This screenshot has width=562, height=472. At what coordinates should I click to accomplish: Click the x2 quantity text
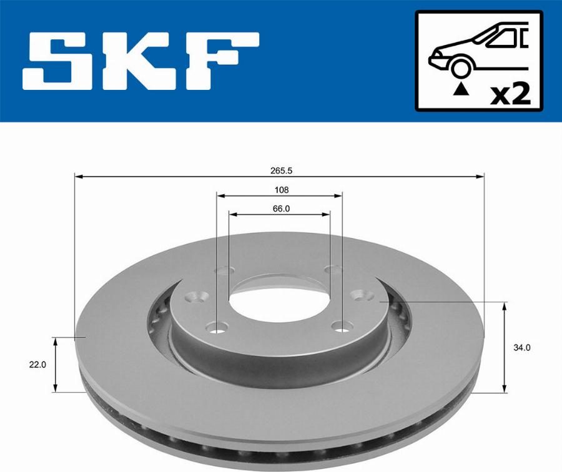[510, 94]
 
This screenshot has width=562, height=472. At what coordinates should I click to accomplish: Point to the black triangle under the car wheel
[460, 89]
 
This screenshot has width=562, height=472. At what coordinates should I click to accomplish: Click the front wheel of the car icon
[460, 67]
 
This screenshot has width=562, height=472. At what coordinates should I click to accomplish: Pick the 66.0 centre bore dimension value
[280, 209]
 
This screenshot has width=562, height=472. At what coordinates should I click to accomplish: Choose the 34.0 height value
[523, 348]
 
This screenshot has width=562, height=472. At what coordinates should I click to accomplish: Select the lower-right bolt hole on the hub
[340, 325]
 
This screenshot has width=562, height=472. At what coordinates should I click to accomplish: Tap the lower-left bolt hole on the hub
[218, 325]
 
